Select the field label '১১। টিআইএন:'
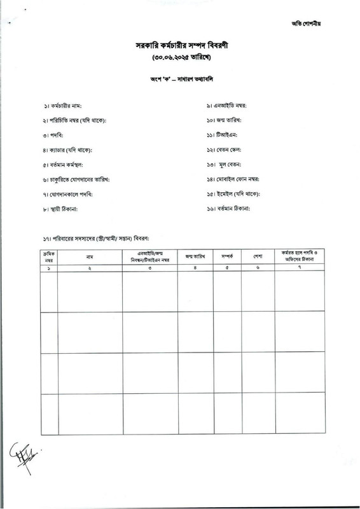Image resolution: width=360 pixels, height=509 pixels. click(221, 135)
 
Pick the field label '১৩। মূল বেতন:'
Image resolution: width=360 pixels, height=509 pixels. click(225, 164)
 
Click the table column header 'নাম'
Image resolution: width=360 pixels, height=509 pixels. click(90, 257)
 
